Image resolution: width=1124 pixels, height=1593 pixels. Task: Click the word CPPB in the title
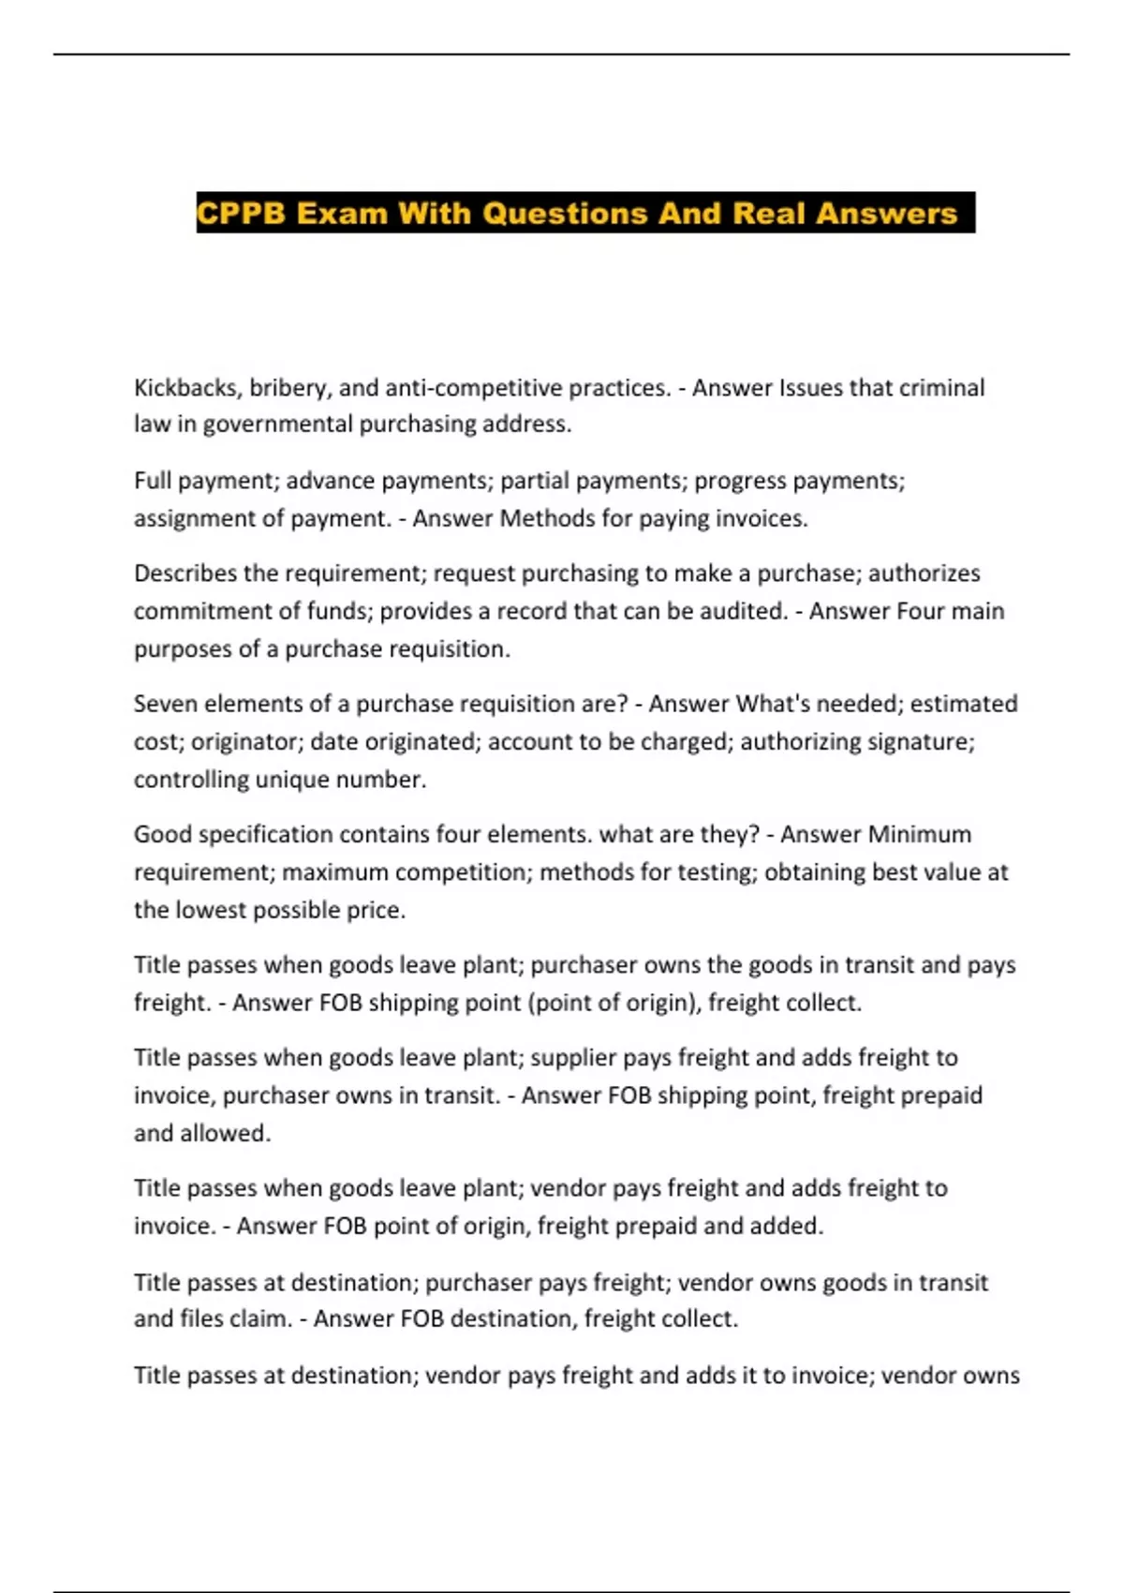pos(242,214)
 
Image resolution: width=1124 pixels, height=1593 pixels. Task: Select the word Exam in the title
pos(341,214)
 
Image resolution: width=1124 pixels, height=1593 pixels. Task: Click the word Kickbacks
pos(185,388)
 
